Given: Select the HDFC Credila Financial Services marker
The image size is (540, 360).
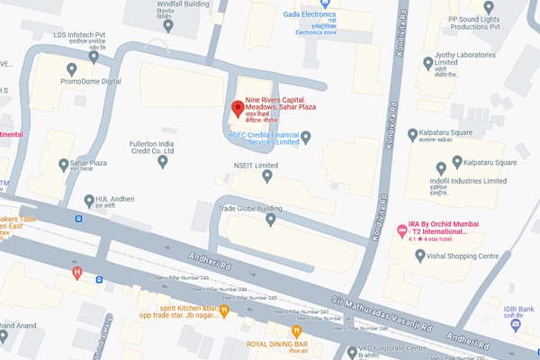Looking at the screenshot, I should pyautogui.click(x=305, y=137).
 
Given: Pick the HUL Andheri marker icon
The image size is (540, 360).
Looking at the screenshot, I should pyautogui.click(x=88, y=200).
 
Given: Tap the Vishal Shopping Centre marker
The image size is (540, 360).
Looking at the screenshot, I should pyautogui.click(x=419, y=256).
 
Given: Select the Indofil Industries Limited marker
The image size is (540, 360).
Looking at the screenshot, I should pyautogui.click(x=441, y=168).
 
